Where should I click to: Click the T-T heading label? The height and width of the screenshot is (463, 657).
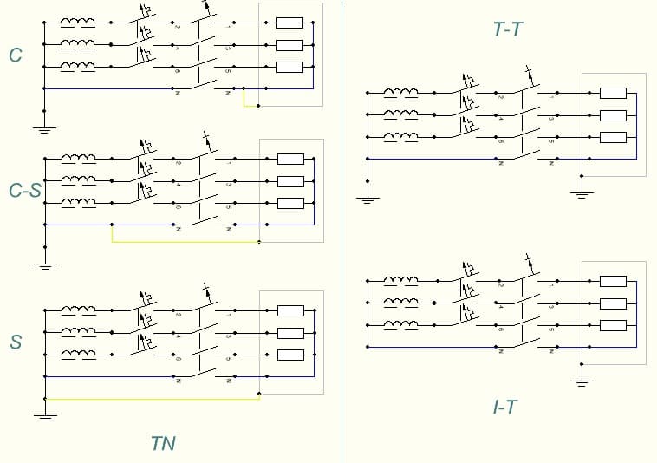[x=507, y=30]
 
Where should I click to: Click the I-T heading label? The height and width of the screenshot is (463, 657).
[x=504, y=407]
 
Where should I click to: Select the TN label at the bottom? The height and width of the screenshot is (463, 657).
[x=163, y=443]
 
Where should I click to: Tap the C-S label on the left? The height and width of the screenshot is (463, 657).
[x=25, y=190]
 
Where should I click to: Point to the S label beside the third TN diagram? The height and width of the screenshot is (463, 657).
[x=16, y=342]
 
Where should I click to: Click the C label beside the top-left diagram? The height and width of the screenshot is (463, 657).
[x=16, y=55]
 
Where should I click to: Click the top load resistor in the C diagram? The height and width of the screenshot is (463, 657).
[x=289, y=23]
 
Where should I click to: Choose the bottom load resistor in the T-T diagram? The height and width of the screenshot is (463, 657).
[x=612, y=137]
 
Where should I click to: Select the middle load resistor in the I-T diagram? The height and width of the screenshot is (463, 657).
[x=612, y=303]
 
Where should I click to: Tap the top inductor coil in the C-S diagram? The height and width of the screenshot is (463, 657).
[x=78, y=159]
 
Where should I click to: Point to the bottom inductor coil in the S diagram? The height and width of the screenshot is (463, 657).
[x=78, y=354]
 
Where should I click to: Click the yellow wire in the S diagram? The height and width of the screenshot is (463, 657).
[x=152, y=399]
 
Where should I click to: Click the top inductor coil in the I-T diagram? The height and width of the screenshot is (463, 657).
[x=400, y=280]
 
